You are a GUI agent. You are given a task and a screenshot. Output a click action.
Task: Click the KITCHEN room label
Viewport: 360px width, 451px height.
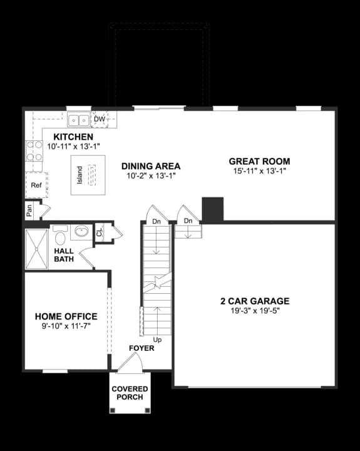[x=73, y=137]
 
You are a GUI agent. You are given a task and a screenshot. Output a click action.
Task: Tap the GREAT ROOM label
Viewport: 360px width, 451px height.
[x=259, y=161]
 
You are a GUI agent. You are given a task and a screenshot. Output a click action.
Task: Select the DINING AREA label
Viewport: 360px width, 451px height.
[x=151, y=166]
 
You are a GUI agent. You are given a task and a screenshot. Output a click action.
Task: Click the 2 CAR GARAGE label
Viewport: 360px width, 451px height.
[x=254, y=301]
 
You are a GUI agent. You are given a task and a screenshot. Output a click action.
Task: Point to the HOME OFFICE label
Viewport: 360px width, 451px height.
[x=66, y=316]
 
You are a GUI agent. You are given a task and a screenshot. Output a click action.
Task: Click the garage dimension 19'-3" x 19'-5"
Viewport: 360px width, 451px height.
[x=254, y=311]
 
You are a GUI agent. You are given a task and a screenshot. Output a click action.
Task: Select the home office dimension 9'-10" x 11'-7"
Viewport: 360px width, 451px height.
[x=66, y=326]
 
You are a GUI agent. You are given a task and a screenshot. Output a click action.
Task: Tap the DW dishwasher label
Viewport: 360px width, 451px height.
[x=100, y=119]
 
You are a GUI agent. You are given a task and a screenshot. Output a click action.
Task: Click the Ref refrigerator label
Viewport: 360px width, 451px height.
[x=36, y=185]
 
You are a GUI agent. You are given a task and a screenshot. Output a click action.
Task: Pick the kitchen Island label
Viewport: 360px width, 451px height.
[x=80, y=175]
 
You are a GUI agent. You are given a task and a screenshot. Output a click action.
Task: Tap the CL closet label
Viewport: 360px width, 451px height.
[x=100, y=233]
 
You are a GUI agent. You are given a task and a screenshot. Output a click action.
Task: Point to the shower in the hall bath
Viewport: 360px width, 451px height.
[x=36, y=249]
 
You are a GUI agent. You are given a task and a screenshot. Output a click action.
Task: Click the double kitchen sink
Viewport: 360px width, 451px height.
[x=79, y=119]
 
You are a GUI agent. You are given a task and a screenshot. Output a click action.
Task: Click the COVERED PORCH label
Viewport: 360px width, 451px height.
[x=130, y=393]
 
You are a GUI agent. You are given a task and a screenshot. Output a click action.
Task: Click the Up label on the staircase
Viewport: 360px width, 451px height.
[x=157, y=340]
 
